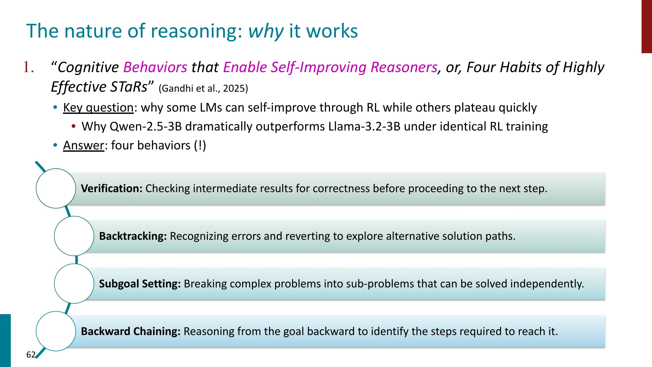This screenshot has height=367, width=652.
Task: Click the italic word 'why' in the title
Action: point(266,31)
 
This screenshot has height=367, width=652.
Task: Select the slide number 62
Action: point(31,355)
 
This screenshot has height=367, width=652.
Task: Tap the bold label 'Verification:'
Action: point(112,189)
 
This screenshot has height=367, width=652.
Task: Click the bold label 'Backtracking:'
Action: point(133,236)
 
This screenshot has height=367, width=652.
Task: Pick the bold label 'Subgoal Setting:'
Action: point(140,284)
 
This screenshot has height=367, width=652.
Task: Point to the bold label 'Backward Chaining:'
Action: point(131,331)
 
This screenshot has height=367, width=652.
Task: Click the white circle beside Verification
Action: point(56,189)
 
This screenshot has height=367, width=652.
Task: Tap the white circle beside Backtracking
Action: point(74,236)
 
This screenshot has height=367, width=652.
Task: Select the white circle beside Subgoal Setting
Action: point(74,284)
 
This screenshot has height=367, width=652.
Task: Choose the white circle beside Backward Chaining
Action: point(56,331)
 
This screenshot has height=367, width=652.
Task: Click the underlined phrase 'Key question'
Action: point(98,108)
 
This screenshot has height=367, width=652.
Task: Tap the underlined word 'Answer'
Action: point(84,145)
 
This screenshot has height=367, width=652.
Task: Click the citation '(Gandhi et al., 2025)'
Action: point(203,88)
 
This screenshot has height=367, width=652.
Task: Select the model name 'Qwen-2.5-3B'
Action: point(146,127)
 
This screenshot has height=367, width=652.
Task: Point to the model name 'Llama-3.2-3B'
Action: point(364,127)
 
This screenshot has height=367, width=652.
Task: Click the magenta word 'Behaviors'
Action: point(155,68)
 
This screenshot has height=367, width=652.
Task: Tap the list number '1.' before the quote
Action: point(29,68)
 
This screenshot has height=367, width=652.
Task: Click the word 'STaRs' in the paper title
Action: point(129,87)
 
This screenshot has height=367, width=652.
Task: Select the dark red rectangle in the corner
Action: point(646,26)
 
